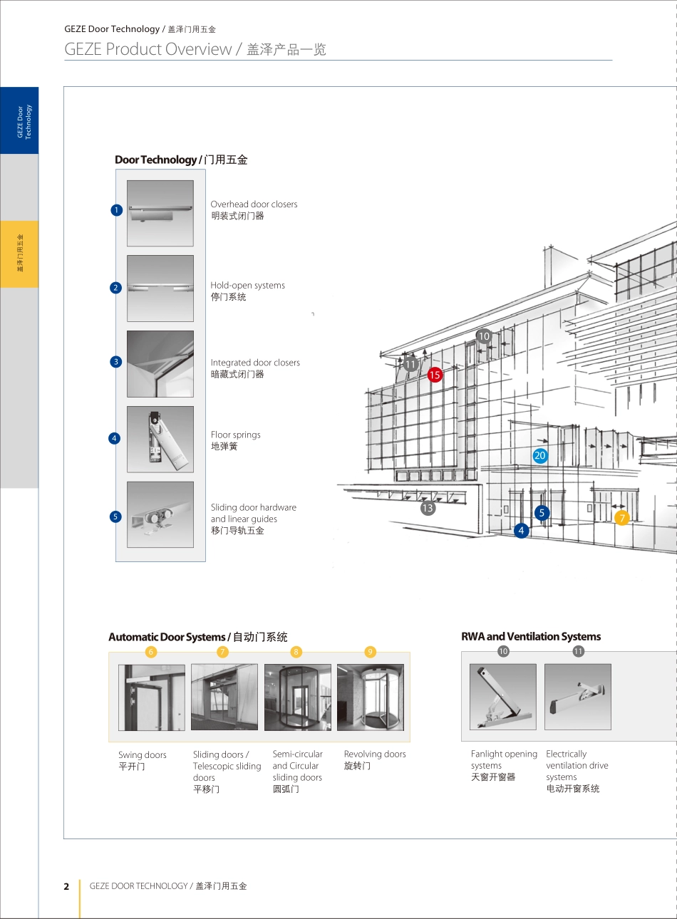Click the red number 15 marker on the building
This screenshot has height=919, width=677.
[x=435, y=375]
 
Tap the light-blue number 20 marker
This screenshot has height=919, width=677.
[x=540, y=455]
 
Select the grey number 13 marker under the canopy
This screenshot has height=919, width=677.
[x=428, y=509]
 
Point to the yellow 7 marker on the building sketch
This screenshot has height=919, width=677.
[x=622, y=518]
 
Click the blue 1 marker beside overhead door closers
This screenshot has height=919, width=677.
[x=117, y=210]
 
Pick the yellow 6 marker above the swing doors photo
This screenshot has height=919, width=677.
[x=151, y=652]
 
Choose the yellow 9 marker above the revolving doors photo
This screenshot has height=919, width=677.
[x=370, y=652]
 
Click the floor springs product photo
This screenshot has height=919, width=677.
[x=160, y=440]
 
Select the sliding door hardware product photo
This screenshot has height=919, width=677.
[x=160, y=514]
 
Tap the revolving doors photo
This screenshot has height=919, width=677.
[x=371, y=697]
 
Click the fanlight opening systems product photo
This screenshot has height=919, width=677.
[x=503, y=697]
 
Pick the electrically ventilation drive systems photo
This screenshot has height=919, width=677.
[x=578, y=697]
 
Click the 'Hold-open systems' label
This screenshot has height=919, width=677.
[x=247, y=285]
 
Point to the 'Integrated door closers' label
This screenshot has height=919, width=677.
[x=255, y=363]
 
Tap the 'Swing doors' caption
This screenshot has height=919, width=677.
[x=143, y=755]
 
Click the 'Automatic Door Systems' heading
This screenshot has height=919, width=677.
[x=167, y=637]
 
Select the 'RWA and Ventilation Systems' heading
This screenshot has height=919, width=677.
[x=531, y=636]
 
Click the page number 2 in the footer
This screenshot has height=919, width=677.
[x=66, y=886]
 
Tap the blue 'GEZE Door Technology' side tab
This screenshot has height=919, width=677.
[x=19, y=120]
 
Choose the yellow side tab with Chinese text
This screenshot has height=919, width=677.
[x=19, y=254]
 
